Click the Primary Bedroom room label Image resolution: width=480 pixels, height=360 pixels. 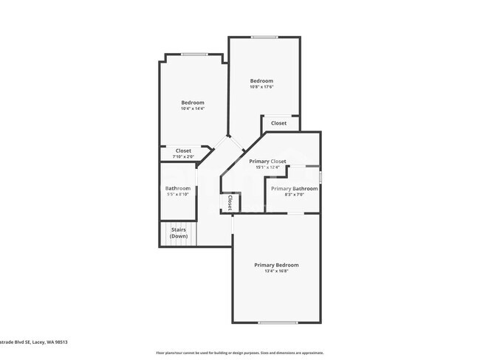pyautogui.click(x=276, y=265)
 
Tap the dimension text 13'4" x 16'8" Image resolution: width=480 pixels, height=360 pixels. pyautogui.click(x=276, y=271)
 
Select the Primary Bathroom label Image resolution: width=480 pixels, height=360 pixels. pyautogui.click(x=294, y=189)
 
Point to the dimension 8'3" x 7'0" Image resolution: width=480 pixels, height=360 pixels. pyautogui.click(x=294, y=195)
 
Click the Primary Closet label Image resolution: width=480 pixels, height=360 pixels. pyautogui.click(x=267, y=161)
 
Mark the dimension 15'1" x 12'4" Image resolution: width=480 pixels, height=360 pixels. pyautogui.click(x=267, y=167)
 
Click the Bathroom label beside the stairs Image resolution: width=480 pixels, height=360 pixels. pyautogui.click(x=178, y=188)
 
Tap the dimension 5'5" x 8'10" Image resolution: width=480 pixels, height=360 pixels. pyautogui.click(x=178, y=195)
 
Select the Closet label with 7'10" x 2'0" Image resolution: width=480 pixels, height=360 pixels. pyautogui.click(x=183, y=150)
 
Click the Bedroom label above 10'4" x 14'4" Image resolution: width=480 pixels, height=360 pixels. pyautogui.click(x=193, y=103)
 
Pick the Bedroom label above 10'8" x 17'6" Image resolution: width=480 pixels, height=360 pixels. pyautogui.click(x=261, y=81)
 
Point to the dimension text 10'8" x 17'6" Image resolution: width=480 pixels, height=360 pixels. pyautogui.click(x=261, y=88)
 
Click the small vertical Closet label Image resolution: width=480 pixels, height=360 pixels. pyautogui.click(x=229, y=202)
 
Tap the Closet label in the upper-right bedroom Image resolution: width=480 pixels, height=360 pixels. pyautogui.click(x=278, y=123)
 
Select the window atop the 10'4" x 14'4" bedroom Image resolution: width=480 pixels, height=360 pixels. pyautogui.click(x=193, y=53)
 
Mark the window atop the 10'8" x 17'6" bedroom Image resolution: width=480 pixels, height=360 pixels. pyautogui.click(x=264, y=37)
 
